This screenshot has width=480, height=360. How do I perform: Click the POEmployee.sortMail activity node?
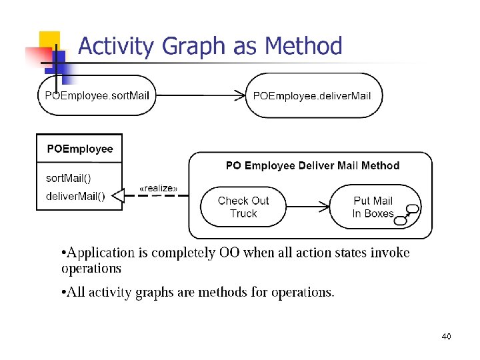(97, 95)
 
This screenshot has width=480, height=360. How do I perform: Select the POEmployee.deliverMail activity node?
(312, 95)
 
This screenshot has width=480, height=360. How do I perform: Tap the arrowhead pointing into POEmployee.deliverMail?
(241, 95)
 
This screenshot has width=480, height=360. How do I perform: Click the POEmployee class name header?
(80, 149)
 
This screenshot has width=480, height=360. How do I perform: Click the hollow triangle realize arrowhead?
(117, 195)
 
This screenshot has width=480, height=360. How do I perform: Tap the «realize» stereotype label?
(158, 189)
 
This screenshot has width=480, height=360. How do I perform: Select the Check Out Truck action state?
(243, 207)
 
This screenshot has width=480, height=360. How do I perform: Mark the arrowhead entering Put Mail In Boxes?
(328, 207)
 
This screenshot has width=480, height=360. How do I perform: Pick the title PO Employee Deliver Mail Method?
(313, 165)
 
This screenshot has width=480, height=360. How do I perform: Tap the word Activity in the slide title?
(114, 46)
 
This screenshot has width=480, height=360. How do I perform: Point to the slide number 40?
(446, 337)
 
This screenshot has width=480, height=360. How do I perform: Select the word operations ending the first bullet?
(91, 268)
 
